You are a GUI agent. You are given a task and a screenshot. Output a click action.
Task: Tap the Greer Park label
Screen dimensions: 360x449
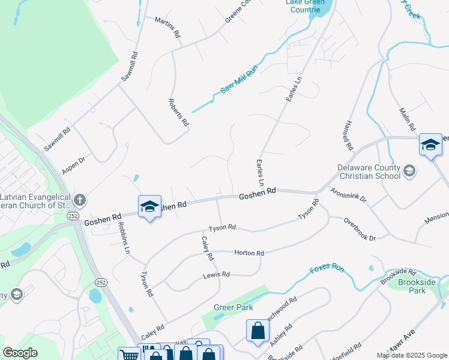[233, 307]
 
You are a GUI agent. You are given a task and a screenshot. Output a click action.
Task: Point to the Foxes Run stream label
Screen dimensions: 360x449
[327, 270]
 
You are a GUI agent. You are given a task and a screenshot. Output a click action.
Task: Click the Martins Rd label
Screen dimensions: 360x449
[167, 28]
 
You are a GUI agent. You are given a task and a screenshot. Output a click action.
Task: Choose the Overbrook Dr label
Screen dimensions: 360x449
[360, 229]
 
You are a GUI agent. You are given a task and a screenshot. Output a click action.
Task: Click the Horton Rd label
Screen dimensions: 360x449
[249, 253]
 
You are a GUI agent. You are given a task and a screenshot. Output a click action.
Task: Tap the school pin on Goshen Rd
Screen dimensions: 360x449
[149, 207]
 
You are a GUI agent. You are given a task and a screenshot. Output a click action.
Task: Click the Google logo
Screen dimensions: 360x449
[20, 353]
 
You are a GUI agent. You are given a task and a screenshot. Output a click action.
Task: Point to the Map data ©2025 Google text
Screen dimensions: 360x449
[412, 355]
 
